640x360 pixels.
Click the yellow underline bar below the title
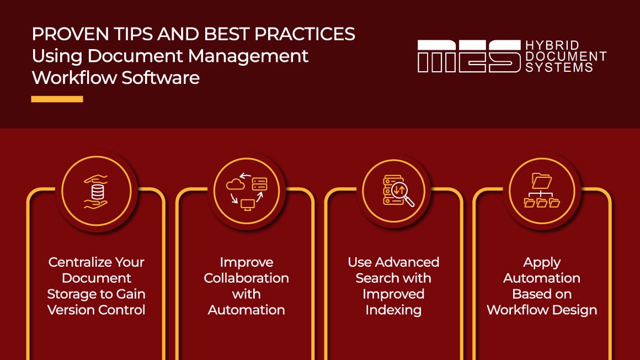[57, 99]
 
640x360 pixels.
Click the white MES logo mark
[468, 56]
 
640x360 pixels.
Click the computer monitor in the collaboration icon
[248, 204]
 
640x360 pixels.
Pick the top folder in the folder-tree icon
[541, 181]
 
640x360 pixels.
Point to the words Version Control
[97, 310]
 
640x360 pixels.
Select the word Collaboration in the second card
[246, 278]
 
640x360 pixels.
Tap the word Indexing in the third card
[393, 310]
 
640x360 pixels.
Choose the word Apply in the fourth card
[541, 262]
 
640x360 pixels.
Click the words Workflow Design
[541, 310]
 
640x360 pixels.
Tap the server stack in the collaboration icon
[259, 183]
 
